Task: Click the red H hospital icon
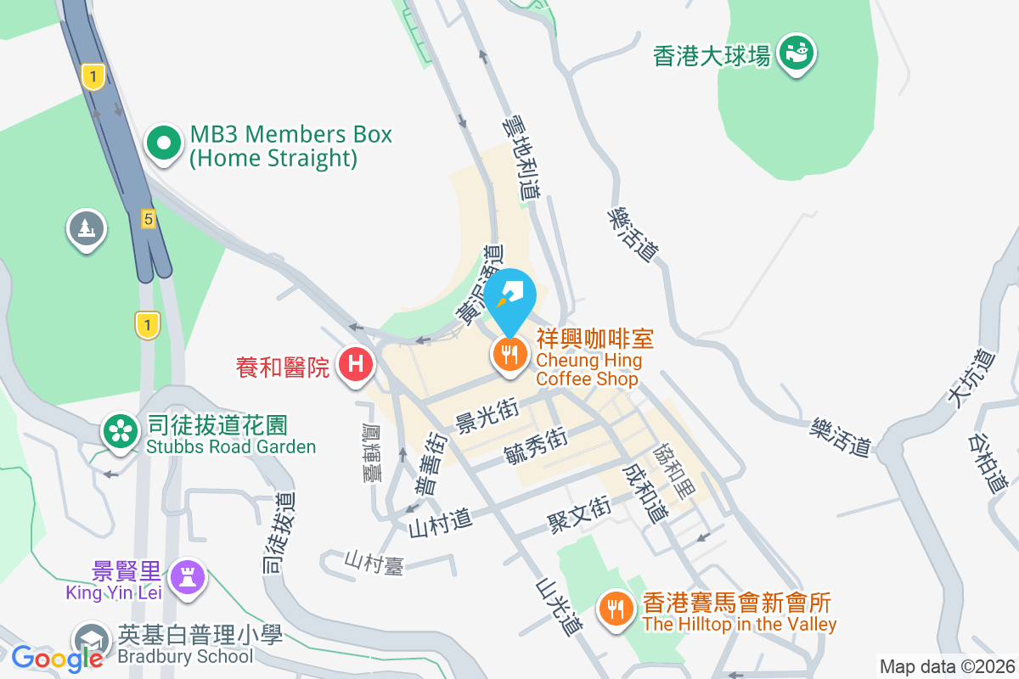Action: [357, 366]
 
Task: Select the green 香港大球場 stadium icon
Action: [796, 53]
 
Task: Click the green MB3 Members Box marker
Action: [164, 143]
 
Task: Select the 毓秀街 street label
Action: [536, 445]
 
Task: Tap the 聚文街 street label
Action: [578, 512]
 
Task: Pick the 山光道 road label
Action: [559, 608]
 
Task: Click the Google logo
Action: [57, 658]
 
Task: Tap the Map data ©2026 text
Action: [947, 666]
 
